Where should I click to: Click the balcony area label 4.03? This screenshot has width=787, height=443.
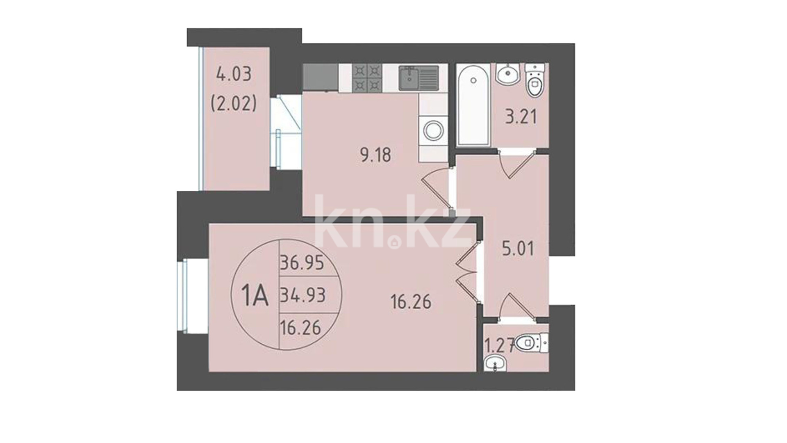[x=234, y=75]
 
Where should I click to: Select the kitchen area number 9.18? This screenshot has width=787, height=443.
[x=375, y=155]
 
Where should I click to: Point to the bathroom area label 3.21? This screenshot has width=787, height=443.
[x=521, y=117]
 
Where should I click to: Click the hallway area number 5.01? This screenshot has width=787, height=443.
[x=518, y=249]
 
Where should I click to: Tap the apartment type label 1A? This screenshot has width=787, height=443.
[x=255, y=296]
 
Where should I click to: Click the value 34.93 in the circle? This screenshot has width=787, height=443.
[x=303, y=295]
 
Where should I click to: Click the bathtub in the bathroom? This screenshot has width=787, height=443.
[x=473, y=105]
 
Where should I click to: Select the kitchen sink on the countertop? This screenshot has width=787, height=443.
[x=419, y=78]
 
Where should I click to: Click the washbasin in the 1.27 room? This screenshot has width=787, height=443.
[x=495, y=363]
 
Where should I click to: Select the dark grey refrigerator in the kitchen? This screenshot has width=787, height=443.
[x=321, y=77]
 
